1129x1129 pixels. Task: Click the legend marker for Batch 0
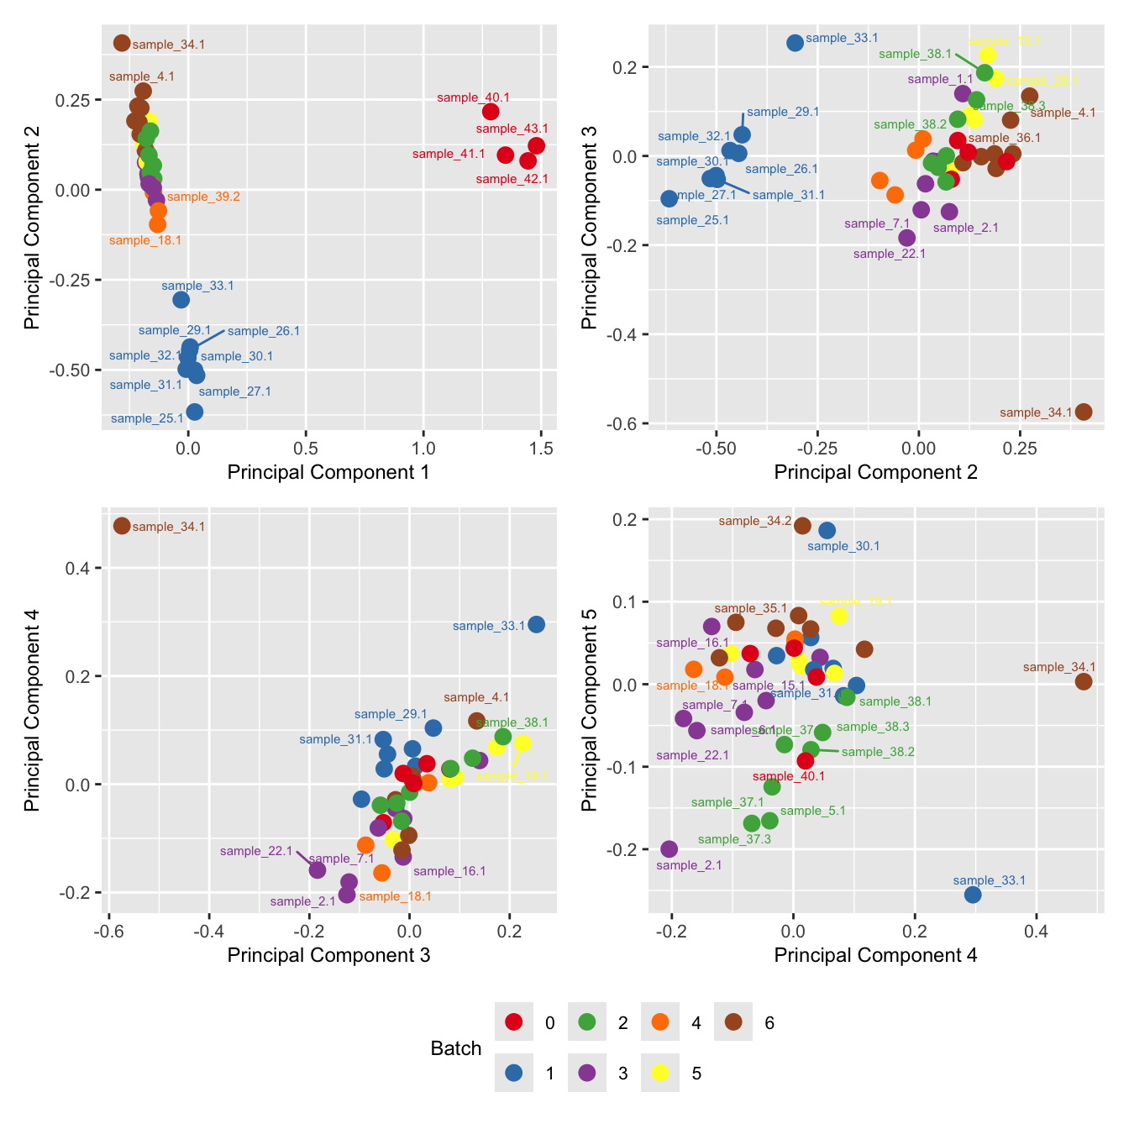[514, 1022]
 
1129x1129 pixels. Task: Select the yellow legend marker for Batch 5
[660, 1073]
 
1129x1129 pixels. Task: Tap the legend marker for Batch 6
[733, 1022]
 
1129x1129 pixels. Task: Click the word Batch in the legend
[455, 1048]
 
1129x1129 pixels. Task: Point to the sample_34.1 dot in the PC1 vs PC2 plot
[122, 43]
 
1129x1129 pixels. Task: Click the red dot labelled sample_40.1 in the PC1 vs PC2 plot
[491, 112]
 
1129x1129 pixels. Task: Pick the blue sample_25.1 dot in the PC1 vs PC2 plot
[194, 412]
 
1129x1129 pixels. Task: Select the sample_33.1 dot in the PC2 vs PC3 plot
[795, 43]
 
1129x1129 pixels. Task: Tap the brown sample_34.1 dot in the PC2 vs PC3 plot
[1084, 412]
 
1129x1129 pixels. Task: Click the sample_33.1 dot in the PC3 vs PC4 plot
[536, 624]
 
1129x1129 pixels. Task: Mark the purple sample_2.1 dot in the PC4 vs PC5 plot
[669, 849]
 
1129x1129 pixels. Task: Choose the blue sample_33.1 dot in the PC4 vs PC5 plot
[973, 895]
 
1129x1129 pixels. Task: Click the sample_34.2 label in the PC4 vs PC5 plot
[755, 522]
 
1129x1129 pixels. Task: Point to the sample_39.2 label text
[203, 197]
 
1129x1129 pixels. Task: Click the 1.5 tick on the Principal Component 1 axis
[542, 449]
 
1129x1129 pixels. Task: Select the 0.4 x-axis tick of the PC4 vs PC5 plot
[1037, 932]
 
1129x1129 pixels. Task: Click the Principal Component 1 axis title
[328, 472]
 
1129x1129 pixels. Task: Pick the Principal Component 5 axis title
[590, 710]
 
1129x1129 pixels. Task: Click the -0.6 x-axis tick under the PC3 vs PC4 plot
[105, 932]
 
